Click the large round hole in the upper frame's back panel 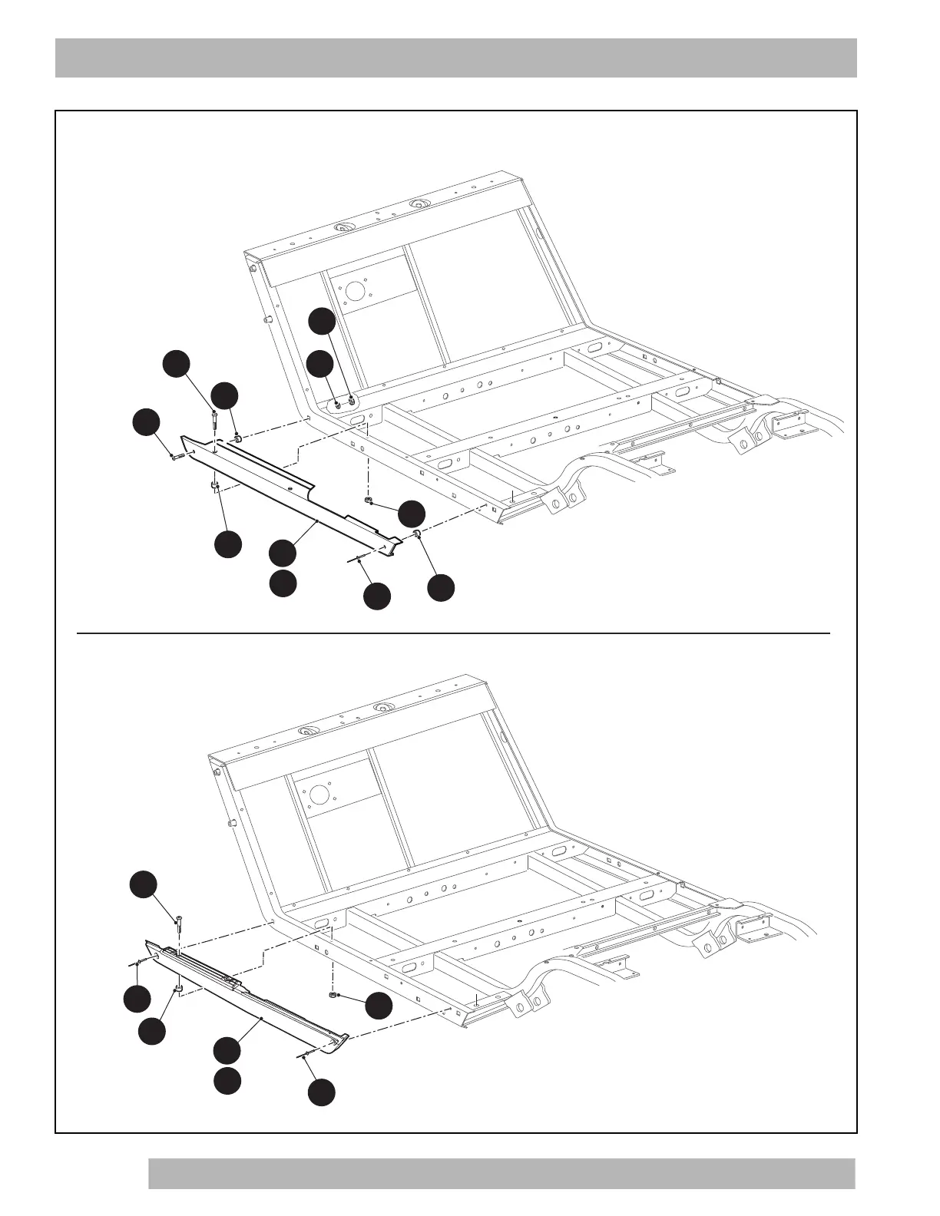[354, 290]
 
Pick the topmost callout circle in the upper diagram [323, 321]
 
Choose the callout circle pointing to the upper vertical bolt [177, 364]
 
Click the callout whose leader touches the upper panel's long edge [283, 552]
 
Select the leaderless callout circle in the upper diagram [283, 583]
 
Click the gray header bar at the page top [456, 58]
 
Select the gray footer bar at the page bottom [501, 1173]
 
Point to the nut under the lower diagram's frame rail [330, 995]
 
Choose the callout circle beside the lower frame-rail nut [378, 1006]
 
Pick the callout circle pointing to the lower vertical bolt [142, 884]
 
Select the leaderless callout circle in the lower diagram [227, 1080]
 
